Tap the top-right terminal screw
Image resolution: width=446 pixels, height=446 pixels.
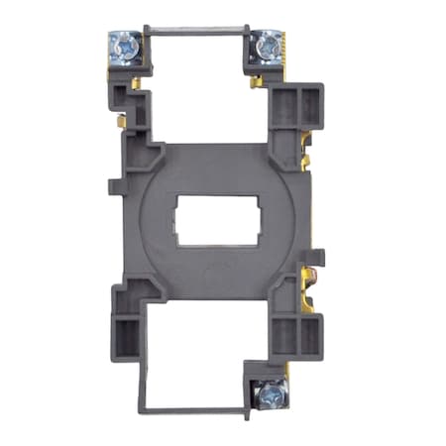point(265,45)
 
